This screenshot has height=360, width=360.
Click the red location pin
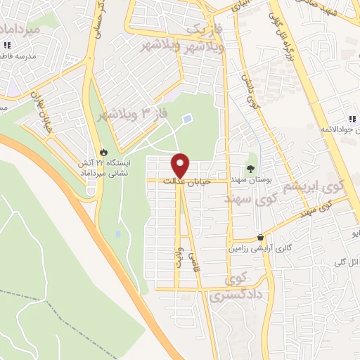click(x=181, y=165)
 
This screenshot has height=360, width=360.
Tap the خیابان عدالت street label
click(x=182, y=181)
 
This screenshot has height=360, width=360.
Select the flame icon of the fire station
click(x=104, y=152)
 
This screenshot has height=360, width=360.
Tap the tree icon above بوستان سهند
click(x=250, y=167)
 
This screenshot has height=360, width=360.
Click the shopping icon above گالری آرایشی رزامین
click(x=261, y=238)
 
